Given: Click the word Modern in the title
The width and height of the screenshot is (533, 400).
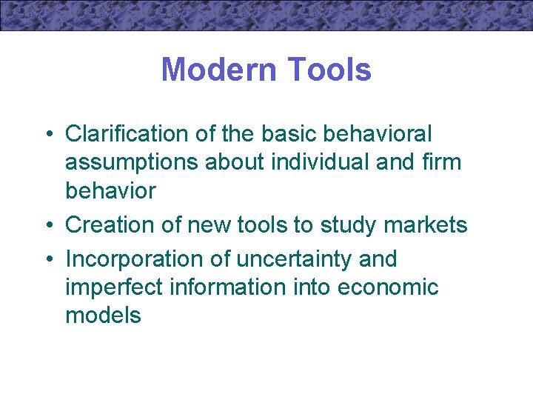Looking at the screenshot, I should pos(213,70).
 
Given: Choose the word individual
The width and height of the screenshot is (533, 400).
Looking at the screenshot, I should pos(312,162).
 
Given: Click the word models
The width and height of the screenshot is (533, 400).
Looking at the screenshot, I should pos(103,316).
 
